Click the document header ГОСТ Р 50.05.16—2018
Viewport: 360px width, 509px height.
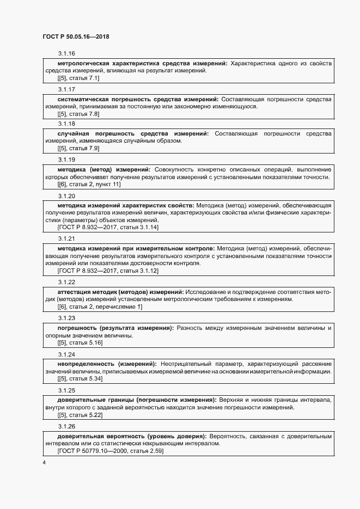pos(77,36)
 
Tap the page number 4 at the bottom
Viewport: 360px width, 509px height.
pos(44,463)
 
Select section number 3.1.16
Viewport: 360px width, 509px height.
pos(66,53)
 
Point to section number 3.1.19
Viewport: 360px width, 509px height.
pos(66,160)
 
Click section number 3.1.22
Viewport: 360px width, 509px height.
pos(66,282)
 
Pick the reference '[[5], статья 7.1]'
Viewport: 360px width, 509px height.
pos(78,78)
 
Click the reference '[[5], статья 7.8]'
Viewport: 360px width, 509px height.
pos(78,114)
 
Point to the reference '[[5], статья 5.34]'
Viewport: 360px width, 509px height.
pos(80,378)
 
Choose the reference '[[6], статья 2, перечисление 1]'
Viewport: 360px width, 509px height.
pos(100,307)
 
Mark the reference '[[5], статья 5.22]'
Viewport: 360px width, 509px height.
pos(80,415)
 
